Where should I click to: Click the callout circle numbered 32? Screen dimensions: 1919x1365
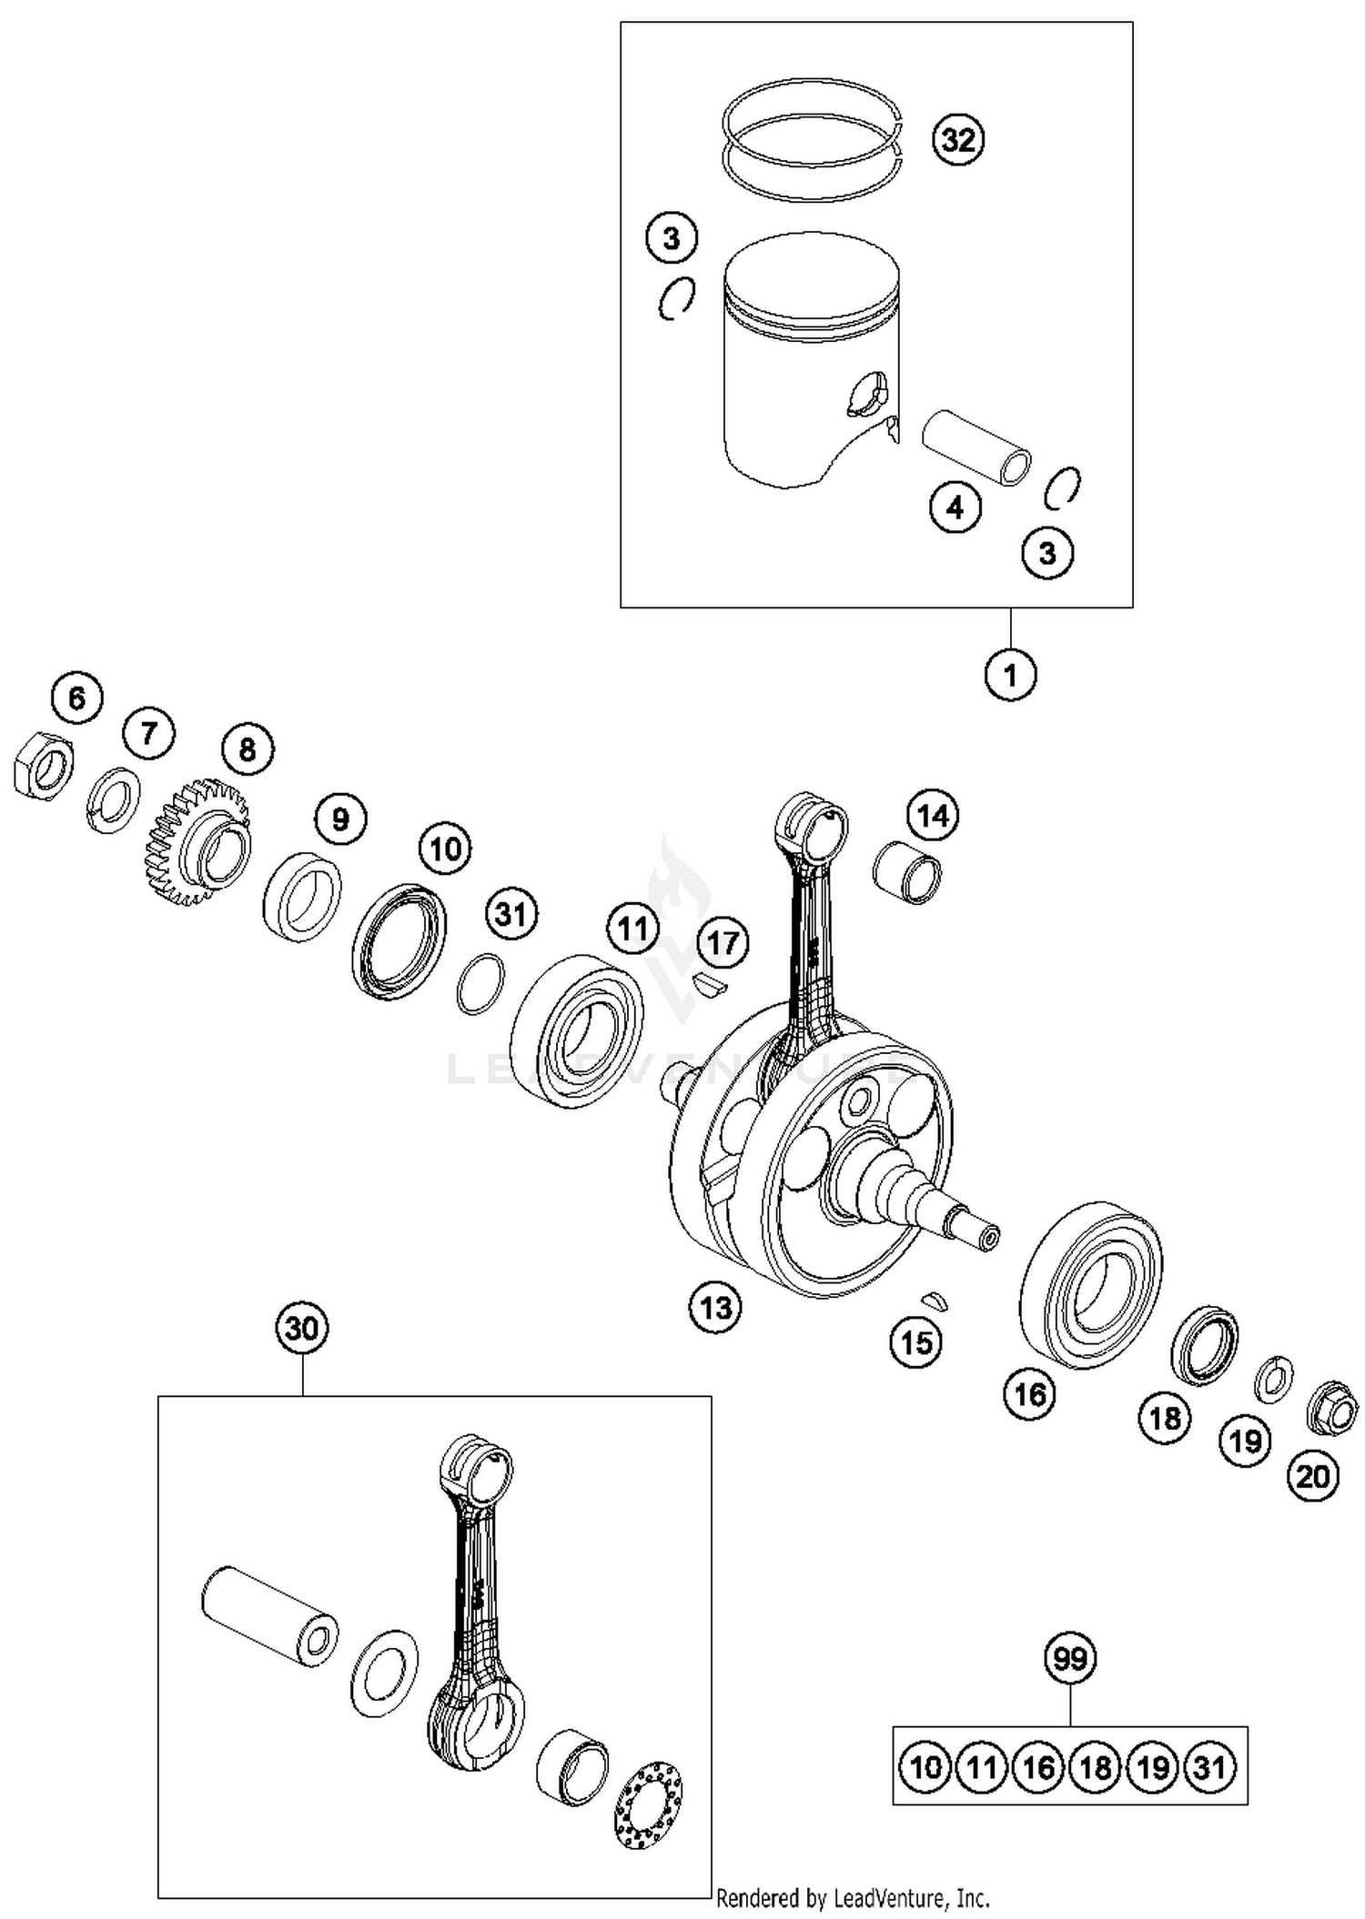pyautogui.click(x=958, y=140)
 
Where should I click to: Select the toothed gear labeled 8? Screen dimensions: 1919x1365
pyautogui.click(x=197, y=840)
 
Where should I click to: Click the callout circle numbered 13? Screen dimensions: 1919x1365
pyautogui.click(x=715, y=1308)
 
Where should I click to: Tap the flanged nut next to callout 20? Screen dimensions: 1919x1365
pyautogui.click(x=1331, y=1409)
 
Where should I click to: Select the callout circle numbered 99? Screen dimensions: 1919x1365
pyautogui.click(x=1069, y=1658)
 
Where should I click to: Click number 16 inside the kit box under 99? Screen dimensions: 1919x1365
pyautogui.click(x=1037, y=1767)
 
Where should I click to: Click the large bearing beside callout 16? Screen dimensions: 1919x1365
pyautogui.click(x=1090, y=1284)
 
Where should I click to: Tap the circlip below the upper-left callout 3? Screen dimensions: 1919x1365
pyautogui.click(x=677, y=297)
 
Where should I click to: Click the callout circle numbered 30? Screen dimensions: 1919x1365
pyautogui.click(x=302, y=1328)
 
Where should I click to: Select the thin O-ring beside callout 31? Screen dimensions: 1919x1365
pyautogui.click(x=480, y=984)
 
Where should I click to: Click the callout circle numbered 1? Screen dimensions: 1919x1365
pyautogui.click(x=1010, y=675)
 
